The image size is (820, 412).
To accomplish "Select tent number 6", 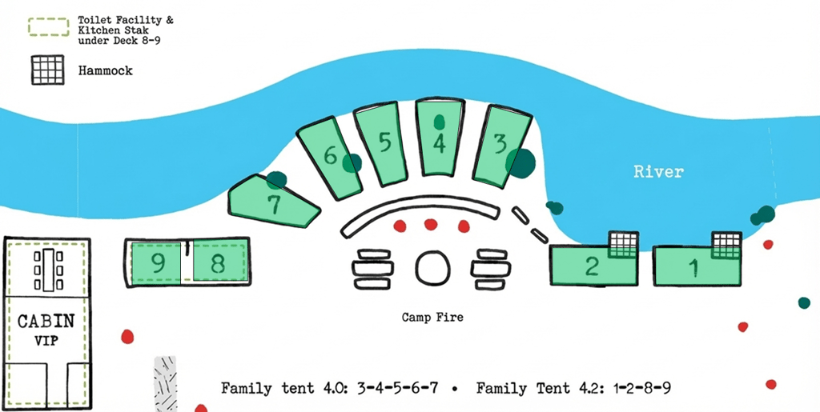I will (331, 156).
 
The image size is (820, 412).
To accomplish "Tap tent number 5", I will (384, 144).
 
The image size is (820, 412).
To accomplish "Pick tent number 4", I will (438, 144).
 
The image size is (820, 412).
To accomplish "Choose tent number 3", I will (500, 145).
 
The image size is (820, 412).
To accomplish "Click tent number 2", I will (591, 266).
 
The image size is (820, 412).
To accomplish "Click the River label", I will (658, 171).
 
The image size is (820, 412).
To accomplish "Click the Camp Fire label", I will (432, 318).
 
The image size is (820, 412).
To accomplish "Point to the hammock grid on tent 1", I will (727, 244).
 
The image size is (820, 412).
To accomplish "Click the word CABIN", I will (46, 322).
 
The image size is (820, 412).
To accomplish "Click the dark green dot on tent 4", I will (439, 122).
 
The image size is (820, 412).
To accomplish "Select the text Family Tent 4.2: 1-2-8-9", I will (573, 389).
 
